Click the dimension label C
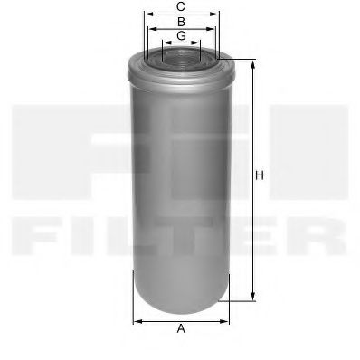tap(181, 6)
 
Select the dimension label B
tap(181, 21)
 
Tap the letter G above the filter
tap(181, 35)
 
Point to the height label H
tap(260, 175)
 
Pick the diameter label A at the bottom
tap(181, 328)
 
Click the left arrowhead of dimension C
tap(146, 14)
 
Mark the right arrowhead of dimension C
tap(217, 14)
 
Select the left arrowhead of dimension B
tap(151, 28)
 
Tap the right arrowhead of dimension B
tap(211, 28)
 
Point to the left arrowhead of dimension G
tap(163, 43)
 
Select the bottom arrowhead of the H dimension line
tap(252, 298)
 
